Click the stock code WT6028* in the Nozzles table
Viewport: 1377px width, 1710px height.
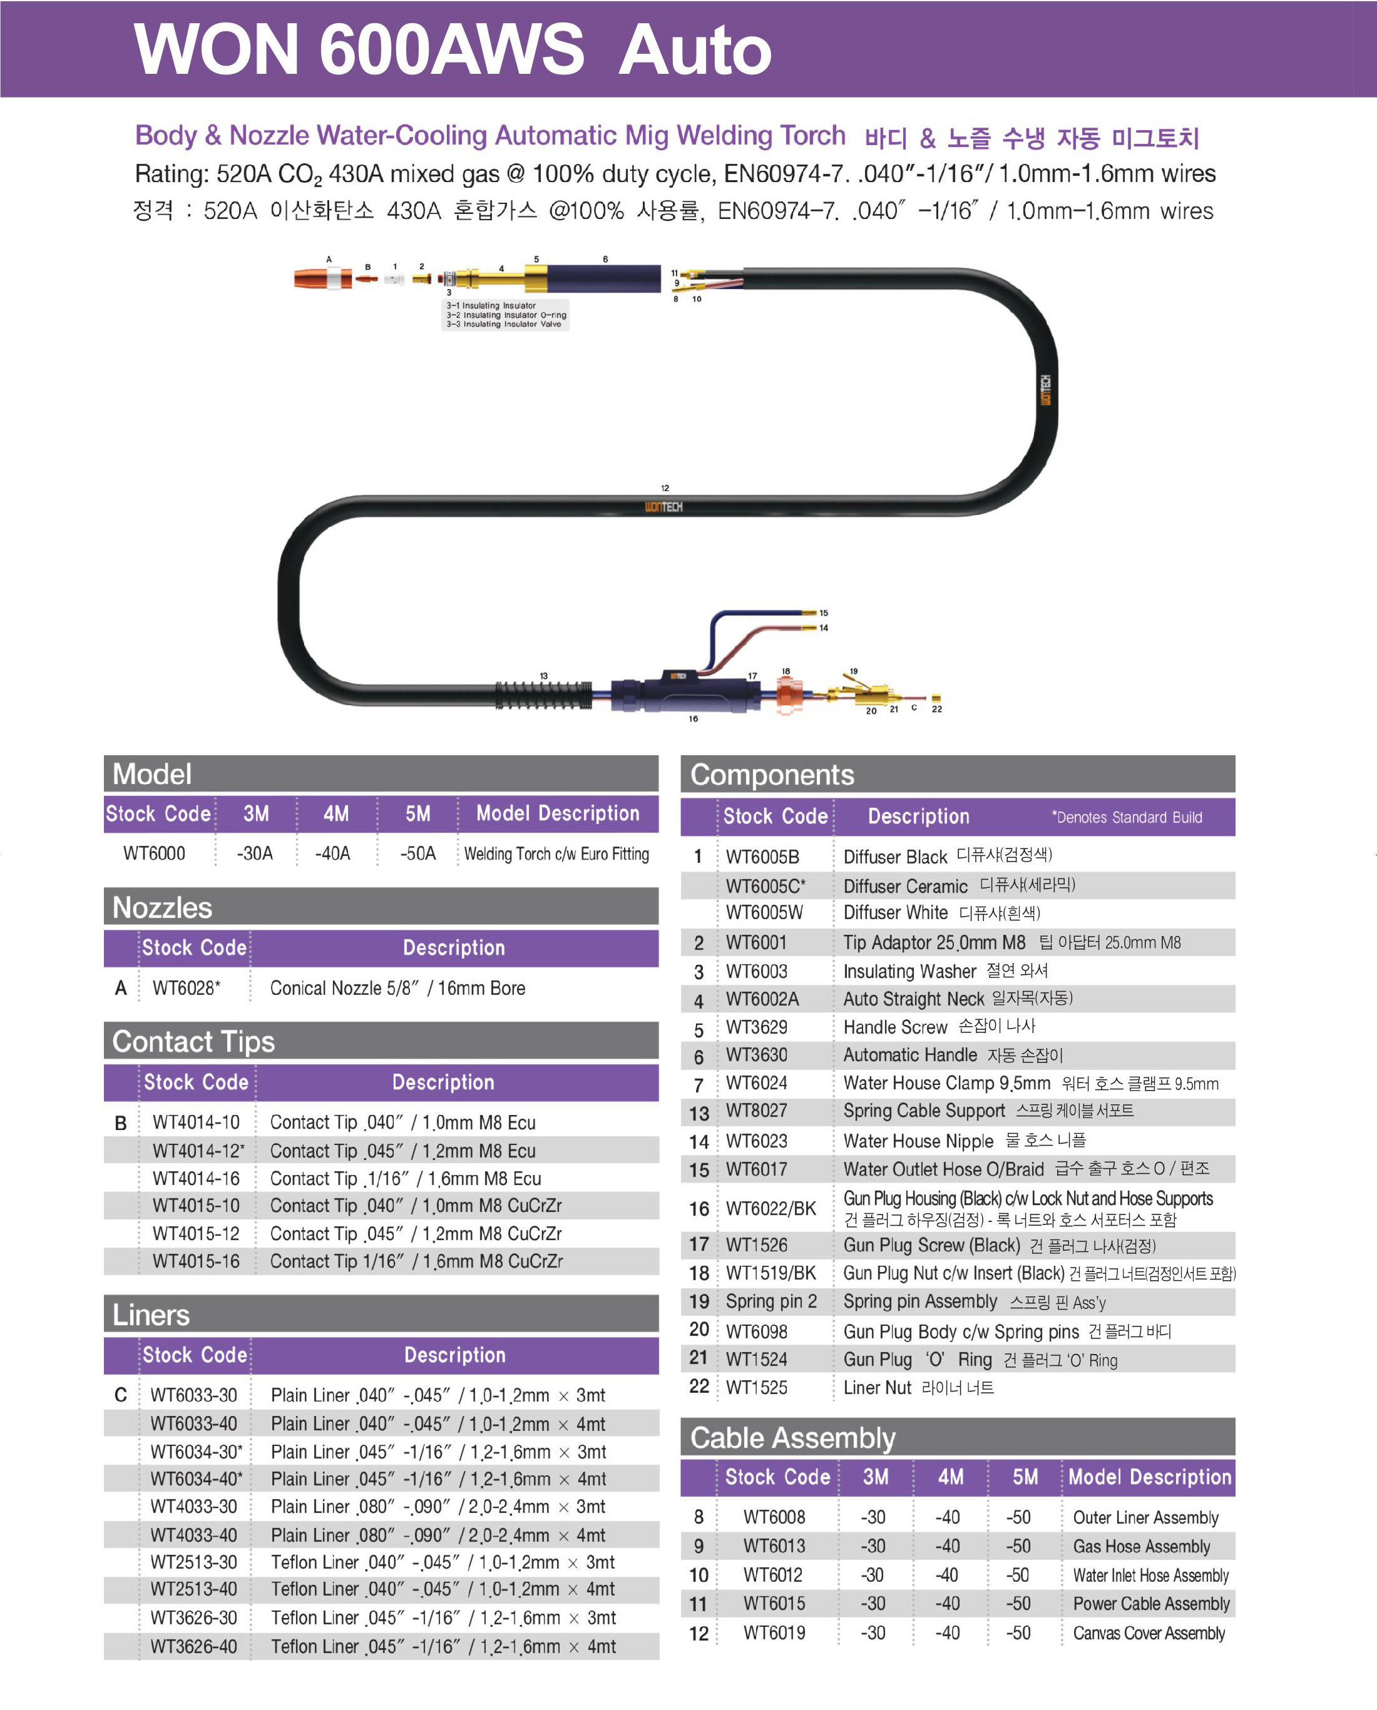point(187,987)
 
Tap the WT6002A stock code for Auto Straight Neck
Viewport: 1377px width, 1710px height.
point(762,999)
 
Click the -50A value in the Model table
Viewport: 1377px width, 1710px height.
point(418,853)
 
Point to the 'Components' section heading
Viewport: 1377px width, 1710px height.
point(772,774)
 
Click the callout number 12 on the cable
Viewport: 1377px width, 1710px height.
point(665,488)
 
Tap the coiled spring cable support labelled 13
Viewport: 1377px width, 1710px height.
point(544,696)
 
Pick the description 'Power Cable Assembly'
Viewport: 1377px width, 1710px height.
point(1151,1603)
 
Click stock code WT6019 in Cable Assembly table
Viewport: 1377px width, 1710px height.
point(774,1632)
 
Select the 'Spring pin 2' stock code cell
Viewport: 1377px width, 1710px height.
point(771,1301)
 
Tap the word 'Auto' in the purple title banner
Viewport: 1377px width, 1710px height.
point(695,49)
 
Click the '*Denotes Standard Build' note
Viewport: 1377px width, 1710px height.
point(1127,817)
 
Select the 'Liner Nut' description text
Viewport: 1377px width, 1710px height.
point(878,1387)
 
